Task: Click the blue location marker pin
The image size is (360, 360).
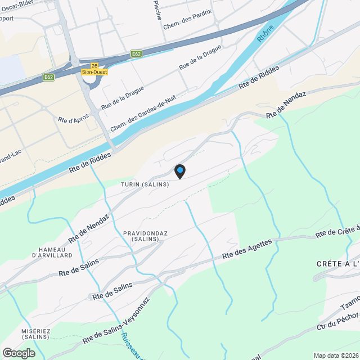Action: click(x=179, y=170)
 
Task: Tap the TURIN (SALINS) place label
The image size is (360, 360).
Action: click(x=145, y=184)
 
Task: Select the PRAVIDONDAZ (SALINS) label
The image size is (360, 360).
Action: click(x=143, y=236)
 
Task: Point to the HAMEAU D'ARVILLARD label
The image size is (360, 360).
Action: click(x=52, y=252)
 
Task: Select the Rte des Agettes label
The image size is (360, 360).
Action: click(x=247, y=249)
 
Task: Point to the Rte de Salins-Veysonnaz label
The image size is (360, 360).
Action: click(x=116, y=321)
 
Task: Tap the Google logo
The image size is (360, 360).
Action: click(x=19, y=353)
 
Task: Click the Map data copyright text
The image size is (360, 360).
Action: click(x=336, y=355)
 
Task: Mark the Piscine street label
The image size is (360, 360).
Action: click(x=157, y=10)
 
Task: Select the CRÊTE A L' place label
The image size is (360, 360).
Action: click(x=337, y=264)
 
